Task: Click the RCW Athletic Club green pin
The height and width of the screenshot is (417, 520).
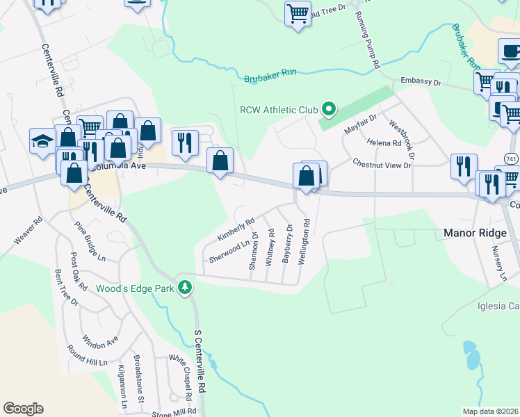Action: tap(329, 109)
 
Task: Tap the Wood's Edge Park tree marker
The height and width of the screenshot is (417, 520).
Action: tap(185, 287)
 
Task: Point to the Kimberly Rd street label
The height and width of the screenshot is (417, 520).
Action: tap(236, 229)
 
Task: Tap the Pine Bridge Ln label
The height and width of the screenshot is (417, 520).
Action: tap(90, 238)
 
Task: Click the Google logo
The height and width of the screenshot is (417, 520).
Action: tap(23, 409)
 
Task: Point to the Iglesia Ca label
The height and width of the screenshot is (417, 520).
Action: tap(498, 306)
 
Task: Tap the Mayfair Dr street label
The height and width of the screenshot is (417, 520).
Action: tap(361, 124)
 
